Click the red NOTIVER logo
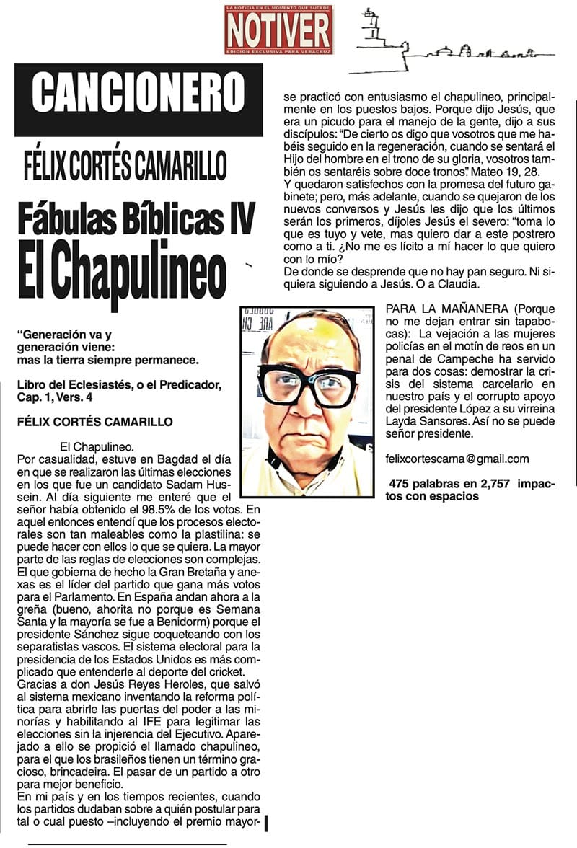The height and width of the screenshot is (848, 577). point(278,30)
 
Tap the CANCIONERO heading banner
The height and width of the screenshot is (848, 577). point(138,93)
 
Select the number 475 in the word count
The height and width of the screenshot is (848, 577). point(400,483)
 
